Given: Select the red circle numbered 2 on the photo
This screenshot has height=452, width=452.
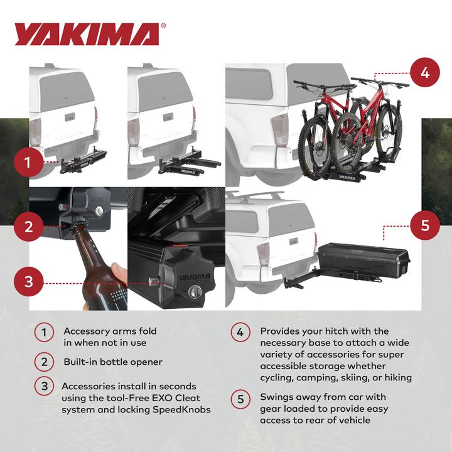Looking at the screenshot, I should point(28,226).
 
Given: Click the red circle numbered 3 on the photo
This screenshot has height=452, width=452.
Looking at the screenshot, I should point(28,282).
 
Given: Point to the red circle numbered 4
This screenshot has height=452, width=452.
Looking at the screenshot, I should point(425,72).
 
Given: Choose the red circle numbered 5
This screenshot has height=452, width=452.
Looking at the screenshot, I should point(425,225).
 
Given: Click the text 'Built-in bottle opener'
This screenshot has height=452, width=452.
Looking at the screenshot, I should point(113,362).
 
